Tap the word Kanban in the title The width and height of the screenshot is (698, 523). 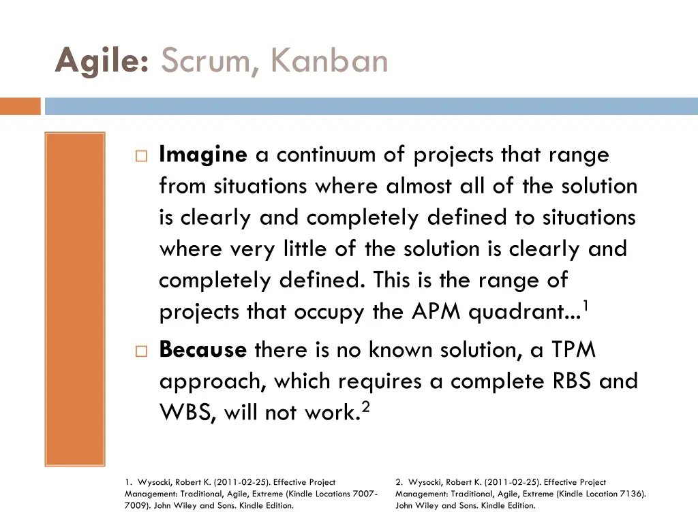[329, 62]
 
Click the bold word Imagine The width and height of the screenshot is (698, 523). [202, 155]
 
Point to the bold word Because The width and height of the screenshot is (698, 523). [202, 350]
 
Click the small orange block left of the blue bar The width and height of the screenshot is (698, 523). [20, 106]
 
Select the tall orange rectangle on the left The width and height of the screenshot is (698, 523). [75, 298]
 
